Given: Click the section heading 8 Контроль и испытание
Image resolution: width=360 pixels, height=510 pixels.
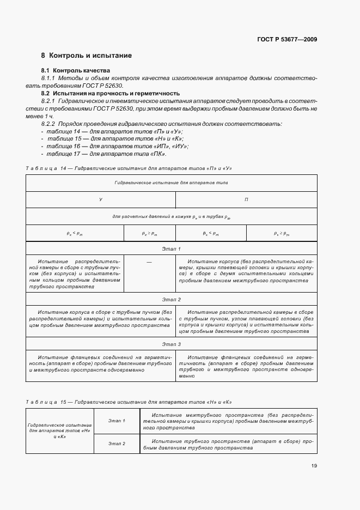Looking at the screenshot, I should point(87,56).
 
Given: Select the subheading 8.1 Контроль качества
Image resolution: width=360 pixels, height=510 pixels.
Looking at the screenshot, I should point(76,71).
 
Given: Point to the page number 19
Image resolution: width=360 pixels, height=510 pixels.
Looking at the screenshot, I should point(314,465).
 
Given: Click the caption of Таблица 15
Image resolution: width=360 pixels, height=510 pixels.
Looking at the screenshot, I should point(129,402).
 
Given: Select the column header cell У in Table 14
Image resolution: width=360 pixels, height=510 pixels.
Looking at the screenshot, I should point(101,200).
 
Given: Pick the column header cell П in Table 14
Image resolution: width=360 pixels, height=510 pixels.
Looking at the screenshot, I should point(246,200).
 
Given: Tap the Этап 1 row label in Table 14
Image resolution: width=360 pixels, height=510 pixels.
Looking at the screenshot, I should point(172,248).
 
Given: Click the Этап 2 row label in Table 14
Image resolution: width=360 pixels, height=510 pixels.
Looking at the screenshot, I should point(172,300).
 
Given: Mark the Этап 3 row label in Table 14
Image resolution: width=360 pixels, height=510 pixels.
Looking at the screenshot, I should point(172,344).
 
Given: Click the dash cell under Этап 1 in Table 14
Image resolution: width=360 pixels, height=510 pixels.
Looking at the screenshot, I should point(149,263).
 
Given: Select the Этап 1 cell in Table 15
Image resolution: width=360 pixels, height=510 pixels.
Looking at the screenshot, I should point(117,421).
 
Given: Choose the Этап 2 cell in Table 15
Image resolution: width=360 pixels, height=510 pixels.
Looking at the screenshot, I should point(117,444).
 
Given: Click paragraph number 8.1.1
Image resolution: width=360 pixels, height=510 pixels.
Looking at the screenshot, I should point(50,78).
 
